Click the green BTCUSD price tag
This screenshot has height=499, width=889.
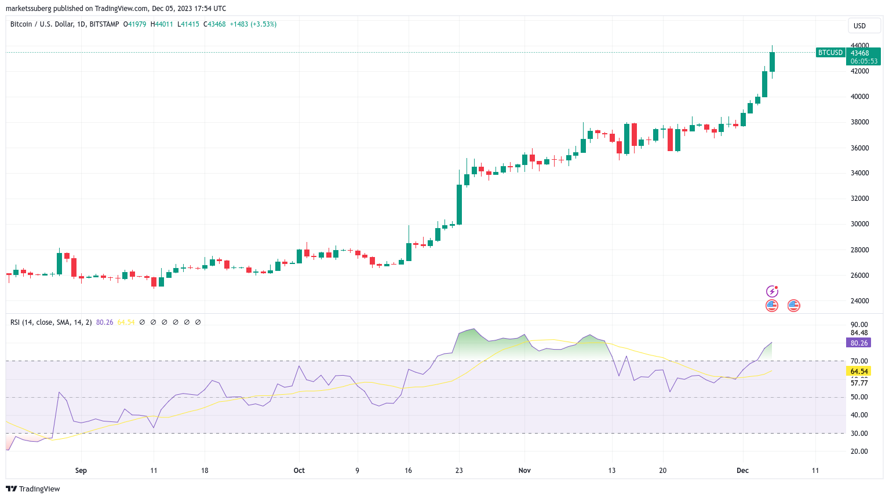[x=830, y=53]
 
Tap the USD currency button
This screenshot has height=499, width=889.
[x=859, y=25]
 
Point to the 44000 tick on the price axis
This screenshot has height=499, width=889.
[x=859, y=45]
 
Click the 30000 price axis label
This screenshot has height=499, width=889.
[x=859, y=224]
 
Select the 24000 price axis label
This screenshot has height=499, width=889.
[x=859, y=301]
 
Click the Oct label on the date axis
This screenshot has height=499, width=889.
[x=299, y=471]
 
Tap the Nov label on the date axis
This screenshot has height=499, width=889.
[x=524, y=471]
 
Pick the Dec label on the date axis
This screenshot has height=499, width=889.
[x=742, y=471]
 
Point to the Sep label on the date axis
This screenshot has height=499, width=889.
[x=81, y=471]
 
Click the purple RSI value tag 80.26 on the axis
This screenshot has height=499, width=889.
[x=859, y=343]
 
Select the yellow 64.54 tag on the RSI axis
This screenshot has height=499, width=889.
[x=859, y=372]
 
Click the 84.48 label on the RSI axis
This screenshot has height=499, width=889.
[x=859, y=333]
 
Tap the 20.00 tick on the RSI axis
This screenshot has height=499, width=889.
[x=859, y=452]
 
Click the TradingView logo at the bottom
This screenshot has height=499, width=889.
[x=33, y=489]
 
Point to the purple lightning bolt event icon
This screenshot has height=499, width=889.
[x=772, y=291]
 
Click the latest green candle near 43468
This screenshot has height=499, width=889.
[x=772, y=62]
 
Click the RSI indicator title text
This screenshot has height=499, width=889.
[x=51, y=322]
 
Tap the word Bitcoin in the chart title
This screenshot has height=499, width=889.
[x=21, y=24]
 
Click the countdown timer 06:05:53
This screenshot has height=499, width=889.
[x=864, y=61]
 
